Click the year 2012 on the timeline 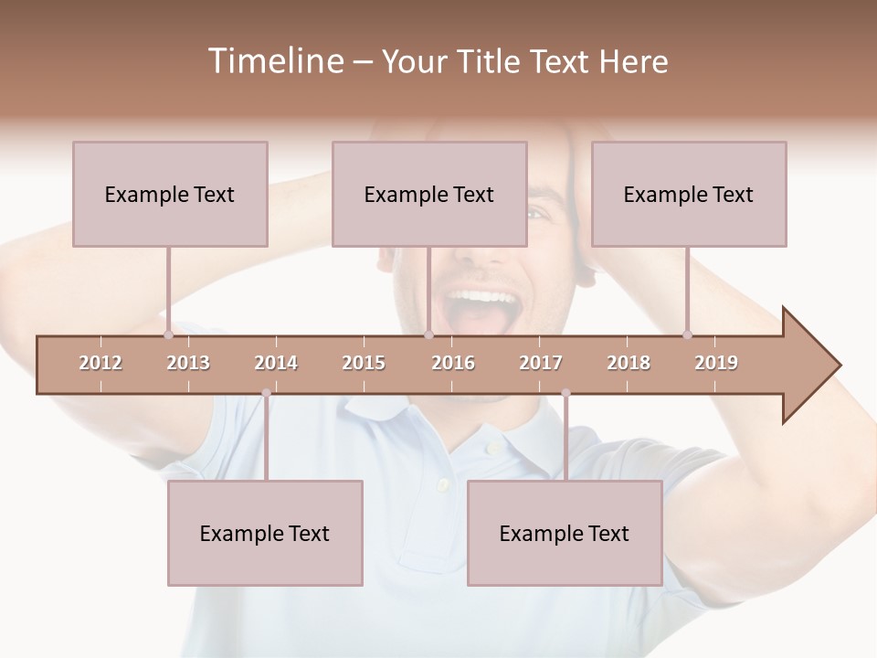tap(100, 363)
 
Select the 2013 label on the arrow tap(188, 363)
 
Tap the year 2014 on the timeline tap(276, 363)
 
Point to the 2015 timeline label tap(364, 363)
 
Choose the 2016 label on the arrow tap(453, 363)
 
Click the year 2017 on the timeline tap(541, 363)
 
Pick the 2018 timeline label tap(629, 363)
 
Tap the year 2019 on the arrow tap(716, 363)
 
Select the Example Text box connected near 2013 tap(170, 194)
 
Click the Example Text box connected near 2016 tap(429, 194)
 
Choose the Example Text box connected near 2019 tap(689, 194)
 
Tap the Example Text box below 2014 tap(265, 533)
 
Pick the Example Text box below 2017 tap(565, 533)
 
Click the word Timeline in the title tap(274, 61)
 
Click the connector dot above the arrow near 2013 tap(168, 335)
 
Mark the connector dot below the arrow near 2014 tap(266, 393)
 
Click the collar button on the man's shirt tap(491, 448)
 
